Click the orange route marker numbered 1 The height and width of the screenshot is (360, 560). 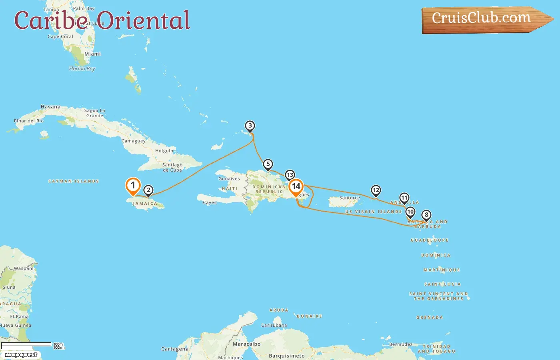pyautogui.click(x=133, y=186)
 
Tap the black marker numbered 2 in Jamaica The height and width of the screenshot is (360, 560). pyautogui.click(x=148, y=190)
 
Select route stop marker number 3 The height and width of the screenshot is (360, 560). pyautogui.click(x=250, y=126)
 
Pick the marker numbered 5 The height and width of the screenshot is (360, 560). pyautogui.click(x=268, y=164)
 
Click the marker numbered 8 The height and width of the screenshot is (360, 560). pyautogui.click(x=426, y=215)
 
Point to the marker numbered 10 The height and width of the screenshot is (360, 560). pyautogui.click(x=410, y=212)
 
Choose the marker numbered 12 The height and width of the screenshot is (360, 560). pyautogui.click(x=376, y=190)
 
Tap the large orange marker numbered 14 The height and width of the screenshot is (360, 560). pyautogui.click(x=296, y=187)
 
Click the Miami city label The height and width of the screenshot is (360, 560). pyautogui.click(x=92, y=54)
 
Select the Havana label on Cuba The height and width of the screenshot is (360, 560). pyautogui.click(x=50, y=107)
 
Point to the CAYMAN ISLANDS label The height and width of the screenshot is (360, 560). pyautogui.click(x=74, y=181)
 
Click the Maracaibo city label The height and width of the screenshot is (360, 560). pyautogui.click(x=246, y=344)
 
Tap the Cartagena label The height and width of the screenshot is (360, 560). pyautogui.click(x=175, y=349)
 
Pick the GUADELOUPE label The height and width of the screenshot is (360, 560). pyautogui.click(x=430, y=240)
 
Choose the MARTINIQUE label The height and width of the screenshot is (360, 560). pyautogui.click(x=442, y=270)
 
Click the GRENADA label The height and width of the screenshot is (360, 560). pyautogui.click(x=430, y=318)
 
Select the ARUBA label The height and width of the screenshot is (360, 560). pyautogui.click(x=278, y=310)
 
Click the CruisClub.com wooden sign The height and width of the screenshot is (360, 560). pyautogui.click(x=482, y=18)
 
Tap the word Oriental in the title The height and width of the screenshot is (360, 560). pyautogui.click(x=143, y=21)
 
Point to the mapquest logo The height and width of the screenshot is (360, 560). pyautogui.click(x=21, y=355)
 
